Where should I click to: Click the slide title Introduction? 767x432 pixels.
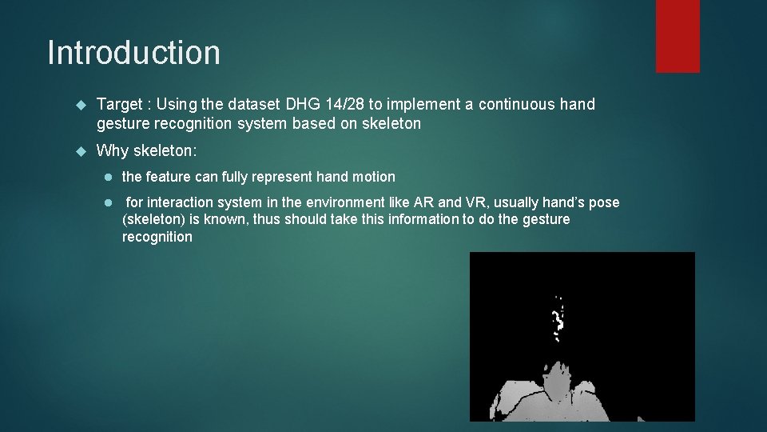point(133,53)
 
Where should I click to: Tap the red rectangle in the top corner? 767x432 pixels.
point(678,35)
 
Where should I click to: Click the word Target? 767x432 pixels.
point(120,105)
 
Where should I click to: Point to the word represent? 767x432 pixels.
point(284,177)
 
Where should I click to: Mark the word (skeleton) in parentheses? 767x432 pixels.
point(153,220)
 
